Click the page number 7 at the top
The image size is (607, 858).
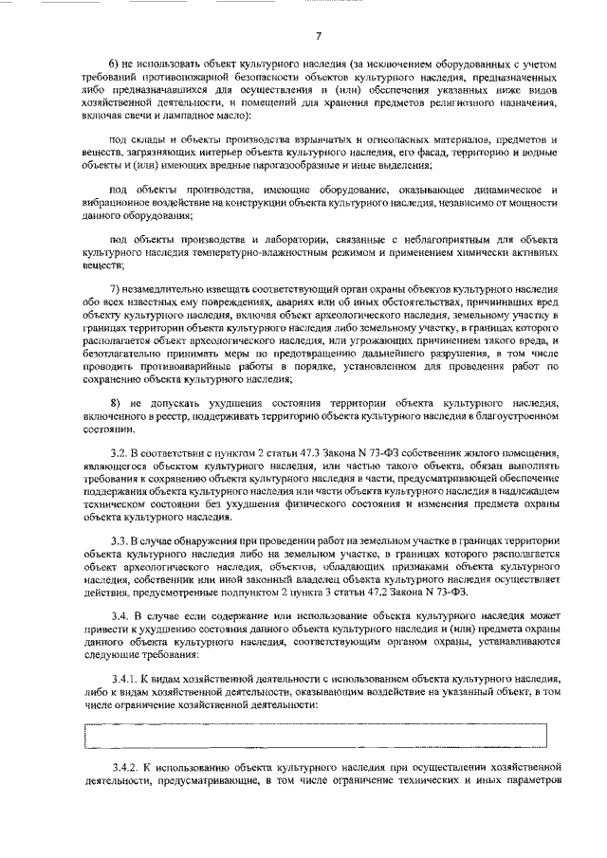pos(319,35)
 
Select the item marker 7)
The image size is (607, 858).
pos(117,288)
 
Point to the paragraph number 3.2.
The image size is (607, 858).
pos(119,455)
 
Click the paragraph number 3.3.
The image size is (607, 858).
pos(119,539)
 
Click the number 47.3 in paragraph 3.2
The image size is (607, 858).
pos(290,455)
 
